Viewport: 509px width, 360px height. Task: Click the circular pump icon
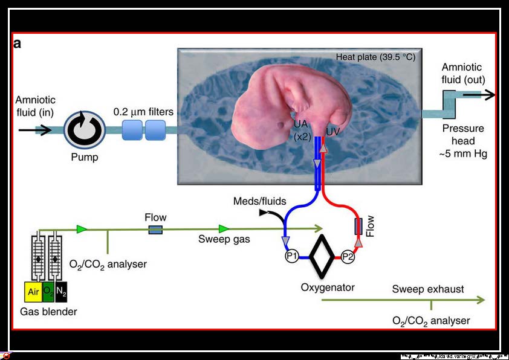tap(83, 129)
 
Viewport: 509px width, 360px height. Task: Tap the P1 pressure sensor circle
tap(291, 256)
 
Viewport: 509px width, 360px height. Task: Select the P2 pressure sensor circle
tap(347, 256)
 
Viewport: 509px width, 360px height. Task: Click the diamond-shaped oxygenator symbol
tap(319, 256)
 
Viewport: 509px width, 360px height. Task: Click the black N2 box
tap(62, 292)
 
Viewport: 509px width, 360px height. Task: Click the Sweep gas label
tap(224, 239)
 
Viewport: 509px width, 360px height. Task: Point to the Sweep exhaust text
tap(427, 289)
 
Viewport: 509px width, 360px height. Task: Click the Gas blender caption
tap(48, 312)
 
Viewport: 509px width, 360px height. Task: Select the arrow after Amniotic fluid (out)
tap(486, 95)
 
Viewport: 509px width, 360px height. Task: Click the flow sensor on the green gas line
tap(155, 229)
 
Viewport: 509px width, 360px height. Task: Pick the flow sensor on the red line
tap(358, 227)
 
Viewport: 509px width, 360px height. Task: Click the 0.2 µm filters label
tap(144, 112)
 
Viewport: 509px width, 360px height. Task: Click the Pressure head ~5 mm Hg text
tap(464, 141)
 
